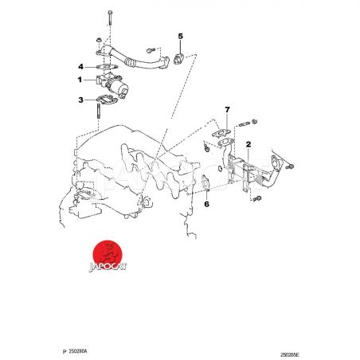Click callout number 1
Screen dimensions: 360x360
tap(80, 80)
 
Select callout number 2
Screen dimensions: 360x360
tap(248, 144)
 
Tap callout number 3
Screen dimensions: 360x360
tap(80, 100)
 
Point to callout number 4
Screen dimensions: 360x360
tap(80, 67)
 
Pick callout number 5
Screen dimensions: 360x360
tap(181, 36)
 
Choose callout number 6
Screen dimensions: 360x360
tap(206, 204)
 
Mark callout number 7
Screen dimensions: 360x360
tap(227, 110)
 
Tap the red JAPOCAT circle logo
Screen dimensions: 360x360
tap(108, 254)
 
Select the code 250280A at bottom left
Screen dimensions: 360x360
tap(78, 351)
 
